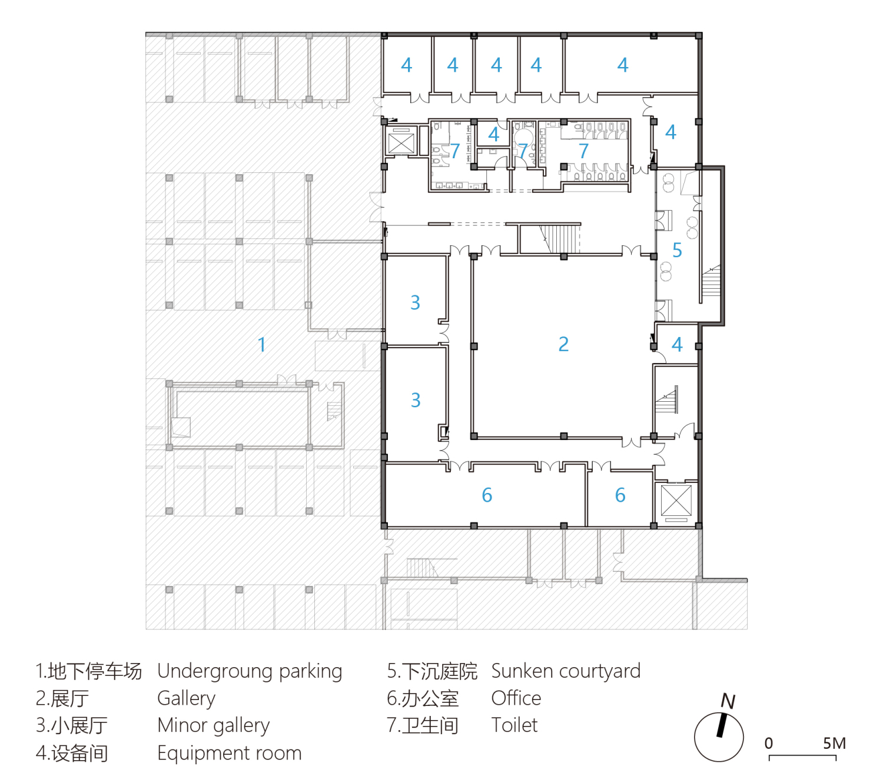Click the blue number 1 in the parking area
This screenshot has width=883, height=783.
[261, 345]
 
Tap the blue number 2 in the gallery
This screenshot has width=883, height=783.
[563, 345]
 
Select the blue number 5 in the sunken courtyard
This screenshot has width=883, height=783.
[677, 251]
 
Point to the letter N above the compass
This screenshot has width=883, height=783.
[728, 701]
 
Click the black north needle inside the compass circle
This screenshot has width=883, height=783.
[722, 725]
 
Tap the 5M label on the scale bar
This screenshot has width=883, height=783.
[834, 743]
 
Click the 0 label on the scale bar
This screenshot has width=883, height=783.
[769, 743]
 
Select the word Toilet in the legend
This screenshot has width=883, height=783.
[514, 725]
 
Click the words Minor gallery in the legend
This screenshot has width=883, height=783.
[214, 726]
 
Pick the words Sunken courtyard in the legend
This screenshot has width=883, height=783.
[566, 671]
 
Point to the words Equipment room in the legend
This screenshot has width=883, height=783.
[230, 753]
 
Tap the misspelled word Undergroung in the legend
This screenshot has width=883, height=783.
[215, 672]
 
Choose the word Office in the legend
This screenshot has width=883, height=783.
[516, 698]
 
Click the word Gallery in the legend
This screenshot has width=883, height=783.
[186, 699]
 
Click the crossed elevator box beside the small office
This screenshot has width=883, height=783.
[676, 501]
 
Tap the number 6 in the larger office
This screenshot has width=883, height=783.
[487, 495]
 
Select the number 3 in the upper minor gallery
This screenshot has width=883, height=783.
[415, 302]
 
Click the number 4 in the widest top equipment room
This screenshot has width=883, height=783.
[623, 65]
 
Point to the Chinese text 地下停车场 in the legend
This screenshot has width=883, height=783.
[95, 671]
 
